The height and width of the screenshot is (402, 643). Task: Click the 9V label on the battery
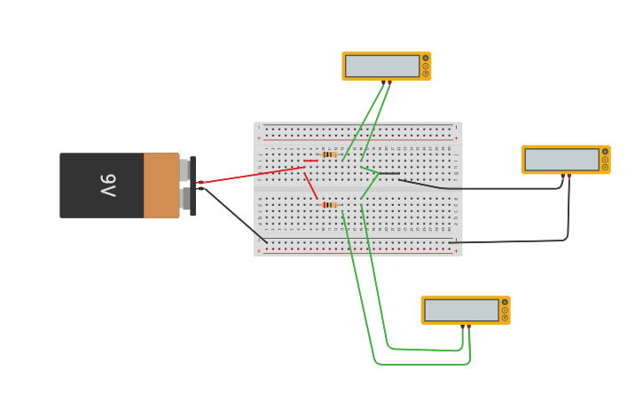click(x=107, y=185)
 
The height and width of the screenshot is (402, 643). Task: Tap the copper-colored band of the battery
click(x=161, y=185)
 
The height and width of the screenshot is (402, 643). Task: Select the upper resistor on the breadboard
click(x=329, y=154)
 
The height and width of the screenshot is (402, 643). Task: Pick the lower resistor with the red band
click(x=329, y=205)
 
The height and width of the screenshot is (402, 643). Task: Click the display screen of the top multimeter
click(x=382, y=66)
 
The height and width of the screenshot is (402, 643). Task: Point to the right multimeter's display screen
click(x=561, y=160)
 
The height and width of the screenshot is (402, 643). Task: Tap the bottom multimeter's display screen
click(x=461, y=310)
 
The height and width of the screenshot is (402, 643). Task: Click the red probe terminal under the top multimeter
click(x=389, y=83)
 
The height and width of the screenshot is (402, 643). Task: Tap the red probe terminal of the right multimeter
click(x=569, y=177)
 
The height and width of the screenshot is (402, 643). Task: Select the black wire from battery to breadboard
click(x=235, y=215)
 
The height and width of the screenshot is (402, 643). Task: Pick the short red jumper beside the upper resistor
click(x=310, y=161)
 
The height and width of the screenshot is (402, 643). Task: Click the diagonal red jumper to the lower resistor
click(x=310, y=185)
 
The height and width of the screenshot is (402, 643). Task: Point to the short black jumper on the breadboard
click(x=389, y=173)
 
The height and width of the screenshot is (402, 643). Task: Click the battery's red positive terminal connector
click(x=200, y=182)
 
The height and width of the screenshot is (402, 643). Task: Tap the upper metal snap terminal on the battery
click(x=184, y=169)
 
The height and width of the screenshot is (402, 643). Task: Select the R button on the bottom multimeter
click(x=505, y=318)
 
